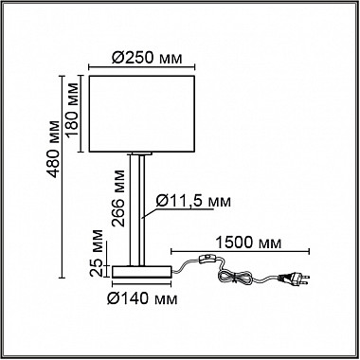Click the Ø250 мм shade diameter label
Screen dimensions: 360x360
coord(148,57)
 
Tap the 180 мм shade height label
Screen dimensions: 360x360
coord(72,114)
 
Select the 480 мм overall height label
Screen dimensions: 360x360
coord(53,149)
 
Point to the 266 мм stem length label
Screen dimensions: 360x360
coord(119,198)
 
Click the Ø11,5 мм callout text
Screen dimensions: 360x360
coord(193,201)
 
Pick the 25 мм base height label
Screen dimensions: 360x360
coord(96,253)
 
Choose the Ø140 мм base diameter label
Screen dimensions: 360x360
coord(142,297)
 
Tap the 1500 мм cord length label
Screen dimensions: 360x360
coord(248,243)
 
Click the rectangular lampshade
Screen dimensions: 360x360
coord(141,114)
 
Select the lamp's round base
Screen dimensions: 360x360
coord(142,272)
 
